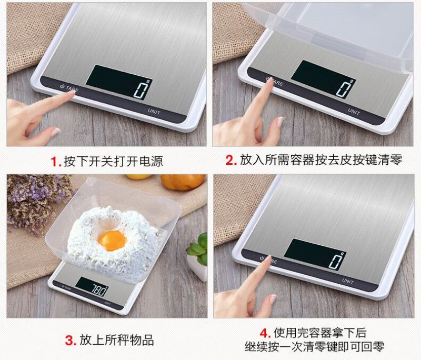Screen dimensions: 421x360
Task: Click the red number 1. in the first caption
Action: coord(56,162)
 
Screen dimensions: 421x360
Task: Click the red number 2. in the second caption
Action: coord(231,161)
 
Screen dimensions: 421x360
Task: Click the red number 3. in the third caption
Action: coord(71,341)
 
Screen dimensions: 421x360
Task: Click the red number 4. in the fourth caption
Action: coord(265,333)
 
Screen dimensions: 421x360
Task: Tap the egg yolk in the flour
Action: coord(112,241)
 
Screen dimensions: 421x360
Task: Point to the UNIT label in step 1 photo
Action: coord(154,112)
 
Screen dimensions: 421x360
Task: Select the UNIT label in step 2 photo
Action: coord(354,111)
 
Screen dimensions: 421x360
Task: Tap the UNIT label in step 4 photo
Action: coord(348,281)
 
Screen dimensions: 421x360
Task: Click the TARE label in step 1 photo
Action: coord(72,88)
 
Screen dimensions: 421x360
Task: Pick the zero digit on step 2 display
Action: coord(344,88)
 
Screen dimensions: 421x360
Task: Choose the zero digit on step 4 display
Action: coord(336,261)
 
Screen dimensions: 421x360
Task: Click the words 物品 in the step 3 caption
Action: coord(142,340)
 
